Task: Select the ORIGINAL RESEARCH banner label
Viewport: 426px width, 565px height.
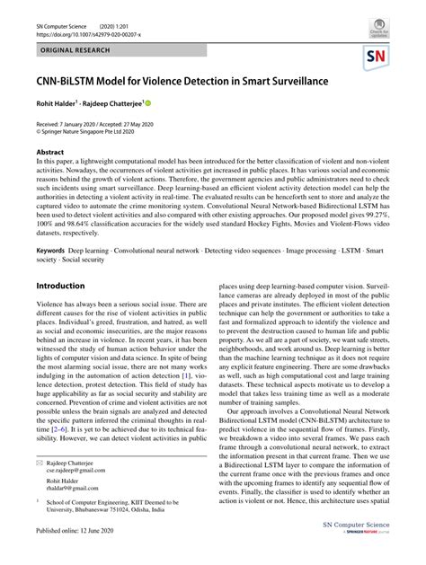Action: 67,43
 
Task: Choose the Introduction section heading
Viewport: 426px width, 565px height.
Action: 60,286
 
